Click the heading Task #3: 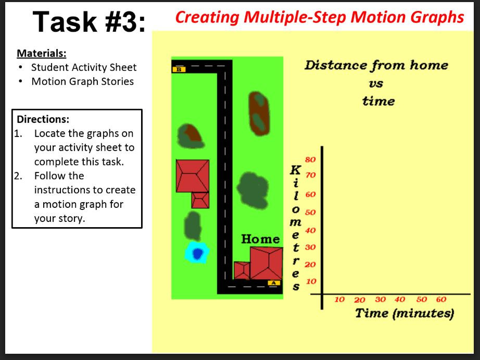pyautogui.click(x=89, y=21)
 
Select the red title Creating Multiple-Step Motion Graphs pyautogui.click(x=319, y=17)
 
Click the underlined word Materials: pyautogui.click(x=42, y=53)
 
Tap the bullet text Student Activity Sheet pyautogui.click(x=84, y=67)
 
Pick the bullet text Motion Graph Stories pyautogui.click(x=82, y=81)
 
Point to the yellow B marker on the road pyautogui.click(x=179, y=68)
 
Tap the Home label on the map pyautogui.click(x=260, y=239)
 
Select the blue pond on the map pyautogui.click(x=197, y=253)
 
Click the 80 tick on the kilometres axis pyautogui.click(x=311, y=159)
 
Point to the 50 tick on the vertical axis pyautogui.click(x=311, y=212)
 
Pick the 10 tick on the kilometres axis pyautogui.click(x=311, y=282)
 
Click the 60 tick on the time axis pyautogui.click(x=441, y=300)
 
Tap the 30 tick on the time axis pyautogui.click(x=380, y=300)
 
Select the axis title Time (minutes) pyautogui.click(x=405, y=313)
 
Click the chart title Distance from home pyautogui.click(x=376, y=65)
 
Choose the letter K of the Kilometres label pyautogui.click(x=295, y=170)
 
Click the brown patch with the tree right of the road pyautogui.click(x=258, y=112)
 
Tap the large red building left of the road pyautogui.click(x=192, y=176)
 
